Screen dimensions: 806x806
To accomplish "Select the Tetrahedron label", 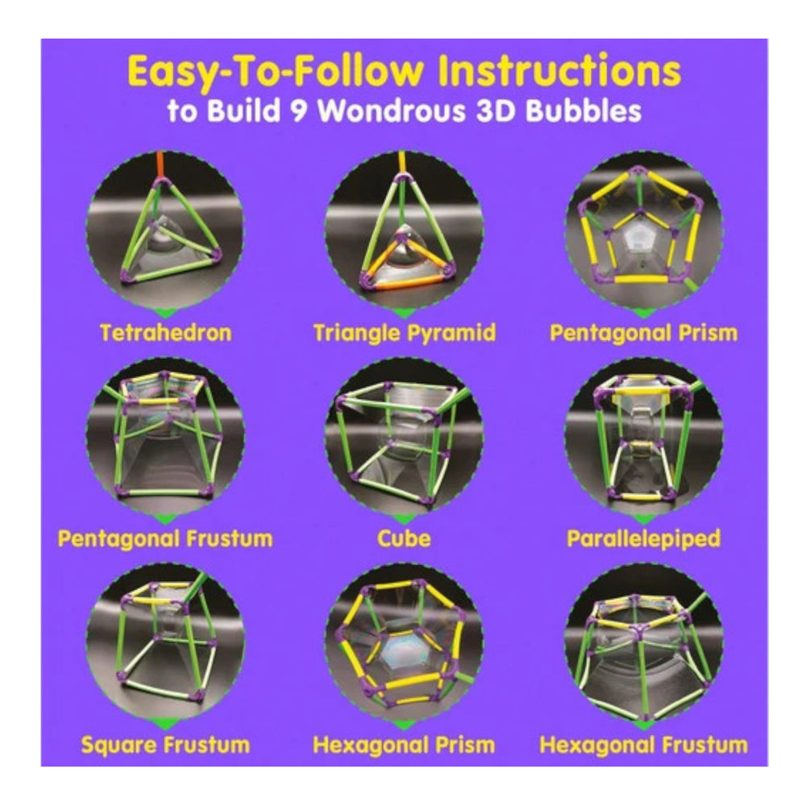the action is pos(165,333).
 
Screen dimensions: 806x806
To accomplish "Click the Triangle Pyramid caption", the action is pos(405,333).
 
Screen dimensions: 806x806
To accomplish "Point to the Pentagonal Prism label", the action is pos(643,333).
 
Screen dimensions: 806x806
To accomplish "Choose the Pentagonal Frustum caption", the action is pos(165,538).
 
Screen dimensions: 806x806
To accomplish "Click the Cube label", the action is pos(404,538).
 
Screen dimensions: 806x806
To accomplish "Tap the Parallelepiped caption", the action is pos(643,538).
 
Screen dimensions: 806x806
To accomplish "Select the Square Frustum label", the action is pos(165,745).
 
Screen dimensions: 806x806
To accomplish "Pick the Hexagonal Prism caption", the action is pos(404,745).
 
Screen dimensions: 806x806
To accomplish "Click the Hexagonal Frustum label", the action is pos(643,745).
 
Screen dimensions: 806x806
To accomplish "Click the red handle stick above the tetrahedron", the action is pos(160,164).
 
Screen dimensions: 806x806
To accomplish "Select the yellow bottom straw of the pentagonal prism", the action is pos(641,279).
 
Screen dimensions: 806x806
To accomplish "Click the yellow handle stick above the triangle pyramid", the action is pos(401,161).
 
